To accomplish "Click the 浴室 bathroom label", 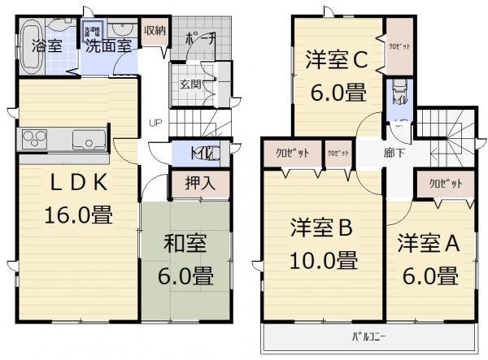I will (47, 45).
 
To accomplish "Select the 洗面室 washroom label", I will (109, 46).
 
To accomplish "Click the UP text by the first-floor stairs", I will (154, 124).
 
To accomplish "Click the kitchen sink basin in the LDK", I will (85, 139).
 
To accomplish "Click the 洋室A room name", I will (428, 244).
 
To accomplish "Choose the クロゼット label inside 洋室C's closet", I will (399, 46).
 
